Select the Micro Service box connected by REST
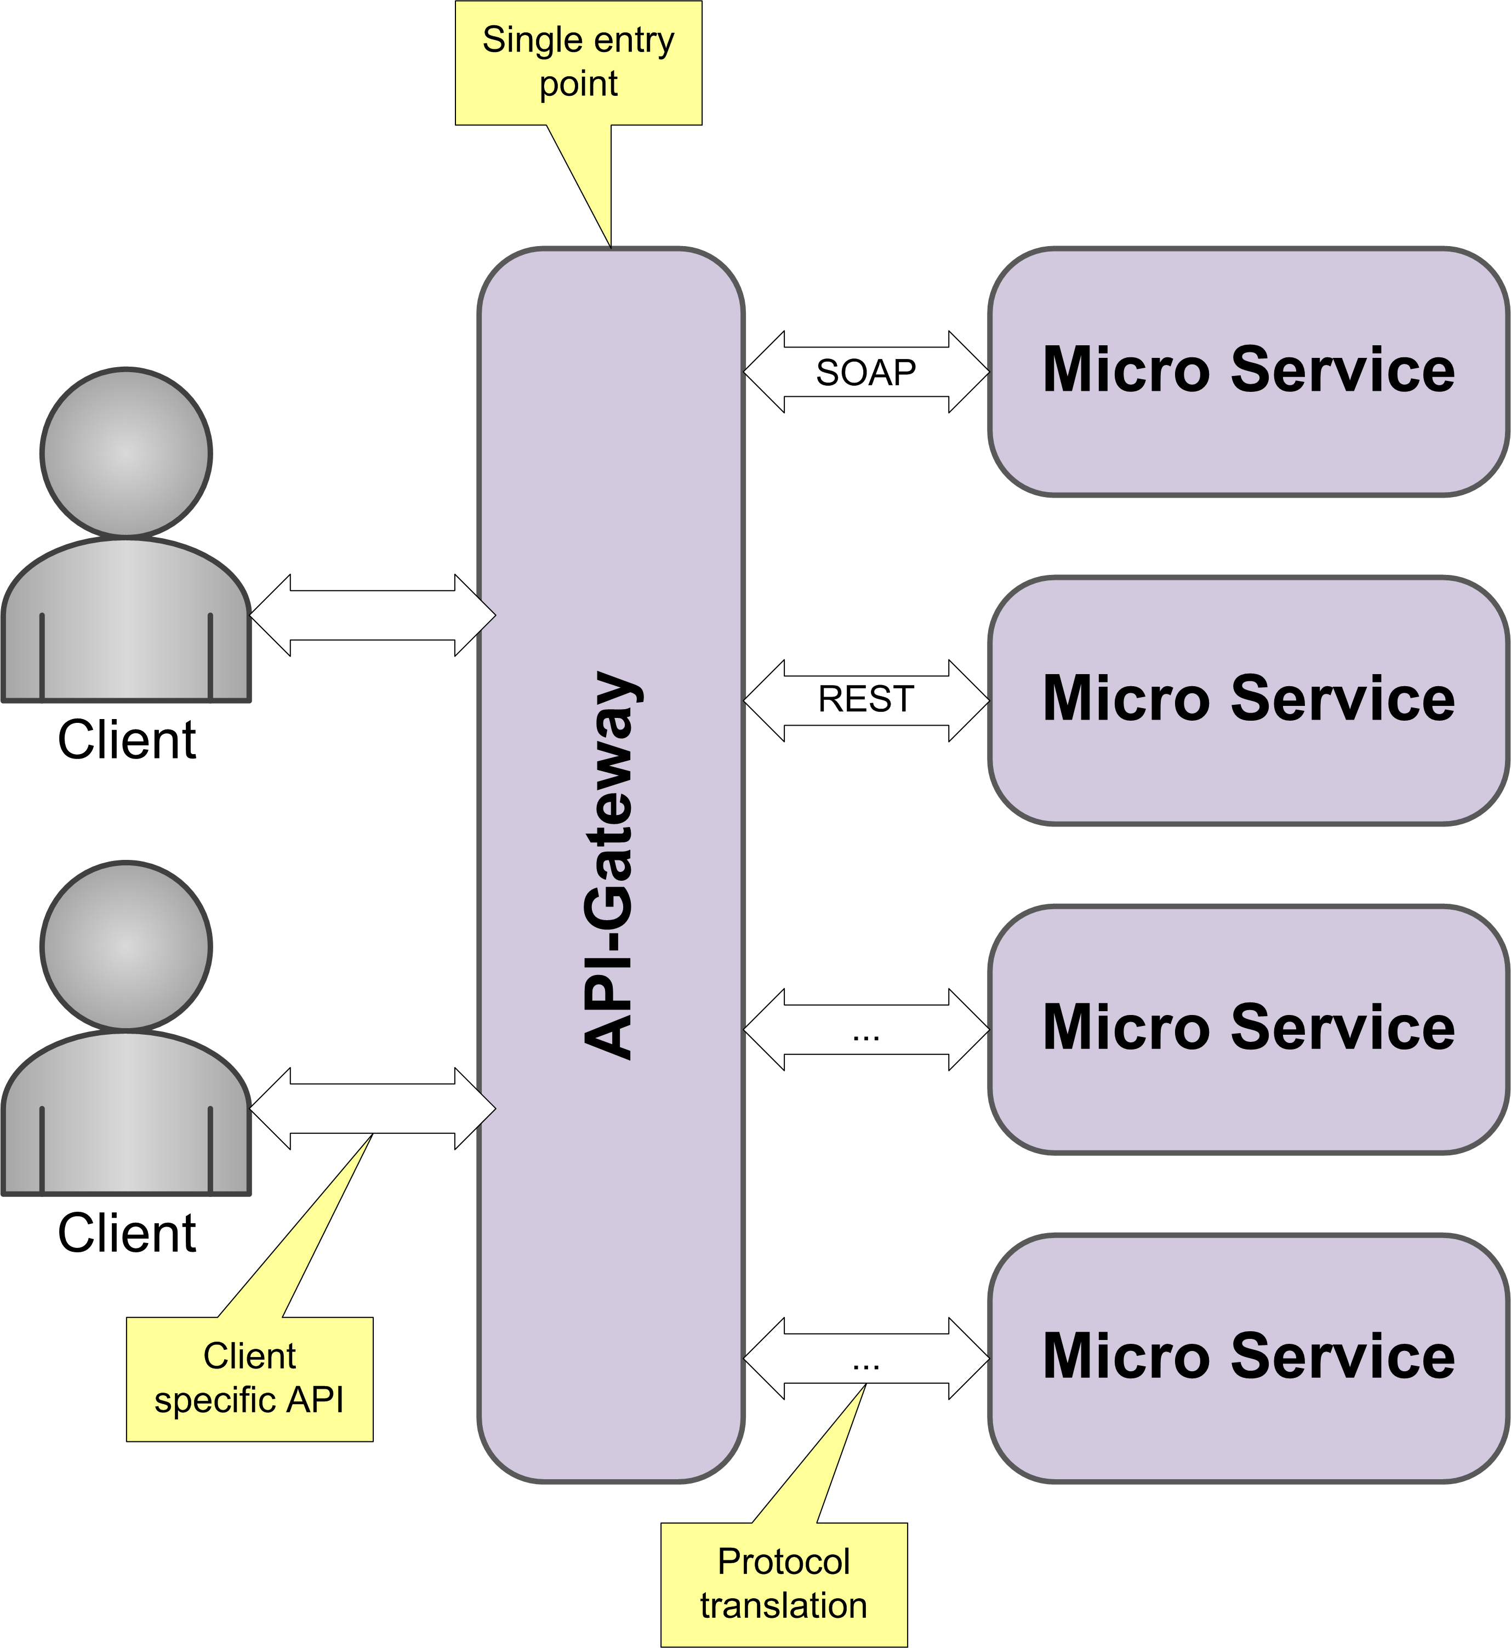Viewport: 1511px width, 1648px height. [x=1248, y=700]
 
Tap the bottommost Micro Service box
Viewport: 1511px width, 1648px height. [x=1248, y=1357]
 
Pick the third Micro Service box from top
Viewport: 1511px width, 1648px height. [x=1248, y=1028]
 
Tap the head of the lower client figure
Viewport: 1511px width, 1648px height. [x=126, y=946]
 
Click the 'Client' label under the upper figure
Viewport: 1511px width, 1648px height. [x=127, y=740]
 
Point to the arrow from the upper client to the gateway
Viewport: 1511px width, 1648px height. [x=372, y=615]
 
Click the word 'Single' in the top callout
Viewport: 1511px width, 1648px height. [x=520, y=40]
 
